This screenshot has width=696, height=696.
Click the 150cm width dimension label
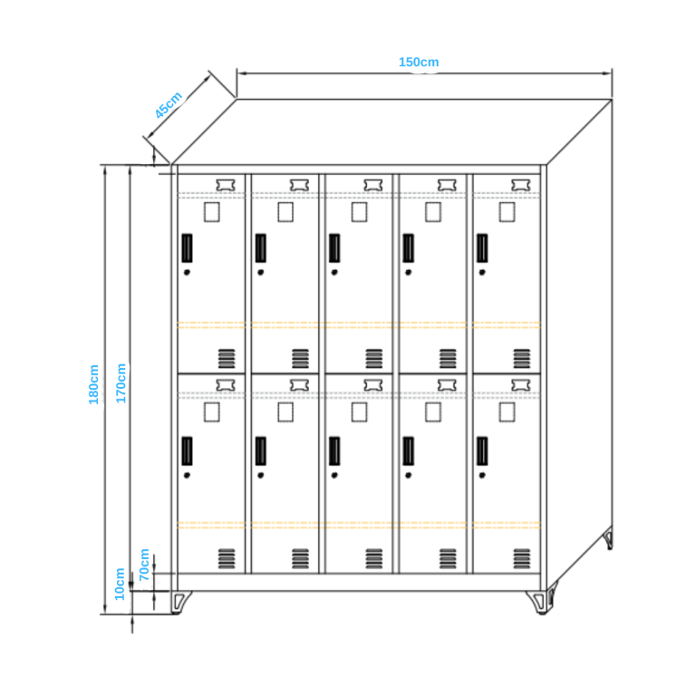419,62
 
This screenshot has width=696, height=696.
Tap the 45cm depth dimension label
169,105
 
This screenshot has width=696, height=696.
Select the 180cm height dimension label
93,383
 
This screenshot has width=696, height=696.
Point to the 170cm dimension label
121,383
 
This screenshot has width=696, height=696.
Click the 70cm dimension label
144,564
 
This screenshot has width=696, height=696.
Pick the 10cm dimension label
120,584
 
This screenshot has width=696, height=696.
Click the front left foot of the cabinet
181,601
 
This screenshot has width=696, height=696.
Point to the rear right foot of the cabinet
608,541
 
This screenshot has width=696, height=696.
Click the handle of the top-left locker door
187,246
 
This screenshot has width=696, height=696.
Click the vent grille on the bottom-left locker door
226,559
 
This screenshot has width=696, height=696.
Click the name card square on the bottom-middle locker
360,412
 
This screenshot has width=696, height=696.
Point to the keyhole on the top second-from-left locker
261,272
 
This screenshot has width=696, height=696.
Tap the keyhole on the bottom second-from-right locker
409,474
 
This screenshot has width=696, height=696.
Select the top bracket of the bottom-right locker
520,385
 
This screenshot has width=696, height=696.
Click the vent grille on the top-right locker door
522,358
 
